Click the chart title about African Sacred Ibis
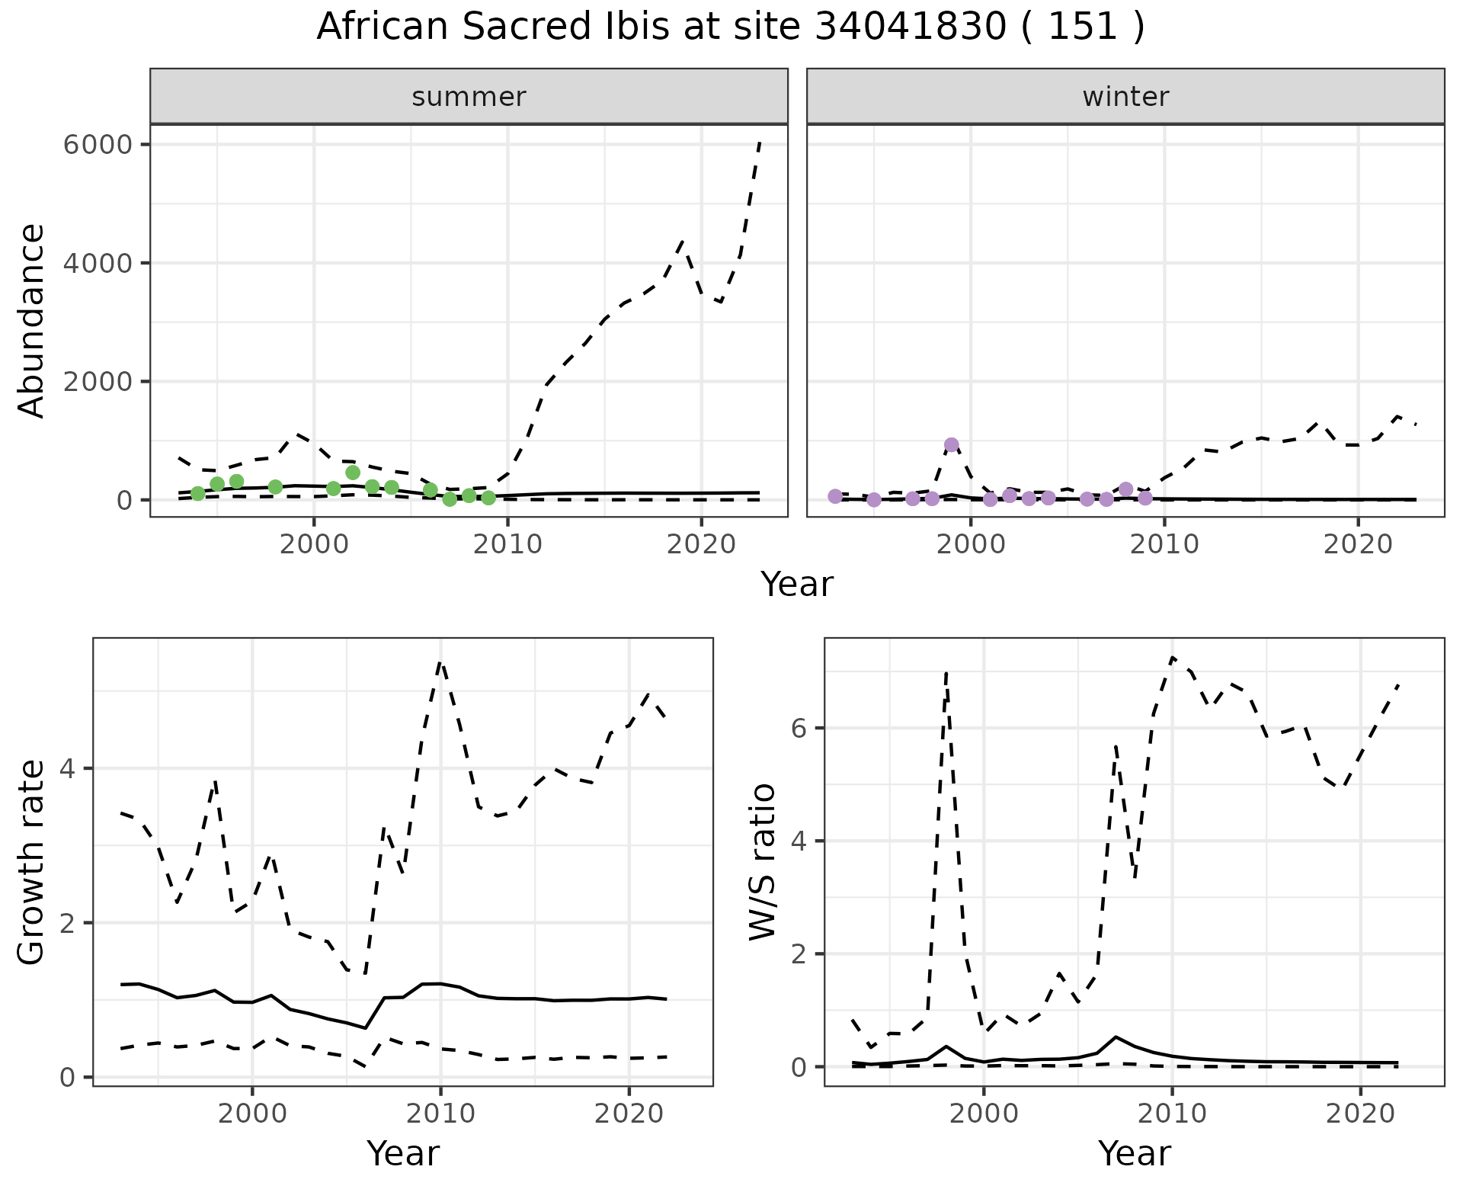coord(730,27)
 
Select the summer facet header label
coord(469,97)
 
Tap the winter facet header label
coord(1125,97)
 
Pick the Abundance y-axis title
coord(32,320)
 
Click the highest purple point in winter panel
coord(951,445)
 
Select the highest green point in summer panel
coord(353,473)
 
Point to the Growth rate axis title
coord(32,862)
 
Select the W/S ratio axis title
coord(763,862)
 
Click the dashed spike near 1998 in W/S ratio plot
coord(946,672)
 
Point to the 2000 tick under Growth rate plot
coord(252,1114)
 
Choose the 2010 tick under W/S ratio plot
coord(1172,1114)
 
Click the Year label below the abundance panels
coord(797,585)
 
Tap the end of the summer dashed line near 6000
coord(760,143)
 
